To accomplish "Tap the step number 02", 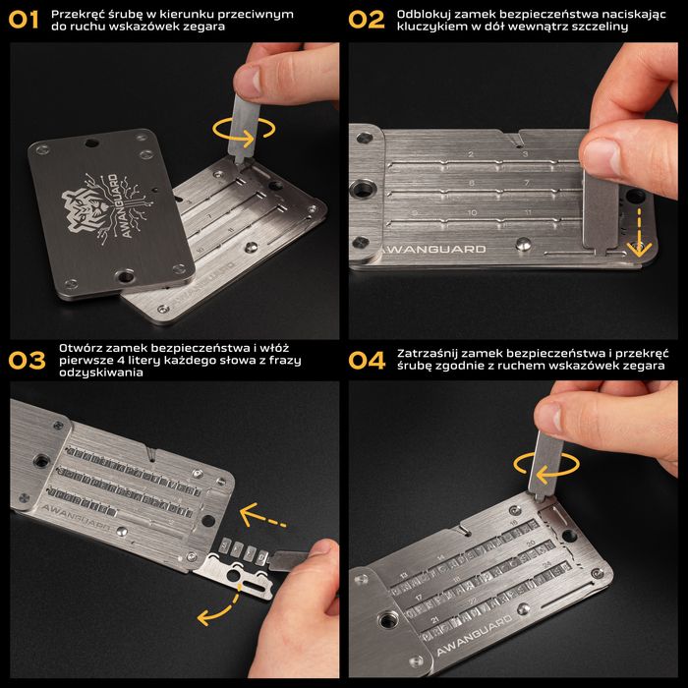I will (x=367, y=19).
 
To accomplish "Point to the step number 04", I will (x=367, y=360).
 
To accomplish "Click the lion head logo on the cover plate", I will (x=97, y=211).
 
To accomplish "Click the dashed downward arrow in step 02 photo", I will (x=638, y=231).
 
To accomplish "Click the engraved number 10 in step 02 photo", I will (x=472, y=212).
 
